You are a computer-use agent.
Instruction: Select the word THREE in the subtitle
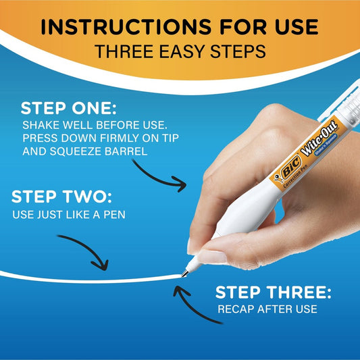pos(124,51)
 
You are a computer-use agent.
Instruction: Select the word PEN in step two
pos(115,215)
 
